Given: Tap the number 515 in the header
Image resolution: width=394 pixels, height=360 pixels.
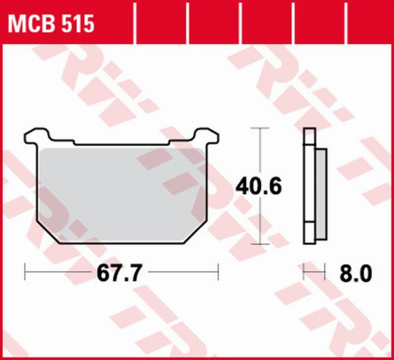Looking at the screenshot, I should click(78, 25).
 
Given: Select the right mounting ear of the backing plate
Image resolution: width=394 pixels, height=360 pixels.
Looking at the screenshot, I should click(204, 137).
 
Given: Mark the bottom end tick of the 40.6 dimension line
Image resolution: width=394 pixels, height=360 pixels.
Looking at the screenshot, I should click(260, 244).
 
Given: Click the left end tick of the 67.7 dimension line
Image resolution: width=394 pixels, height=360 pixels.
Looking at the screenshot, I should click(25, 272).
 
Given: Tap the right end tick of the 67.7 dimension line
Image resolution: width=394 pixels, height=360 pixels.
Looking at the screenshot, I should click(218, 272).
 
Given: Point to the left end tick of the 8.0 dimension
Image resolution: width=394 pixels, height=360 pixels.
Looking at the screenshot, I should click(303, 272).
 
